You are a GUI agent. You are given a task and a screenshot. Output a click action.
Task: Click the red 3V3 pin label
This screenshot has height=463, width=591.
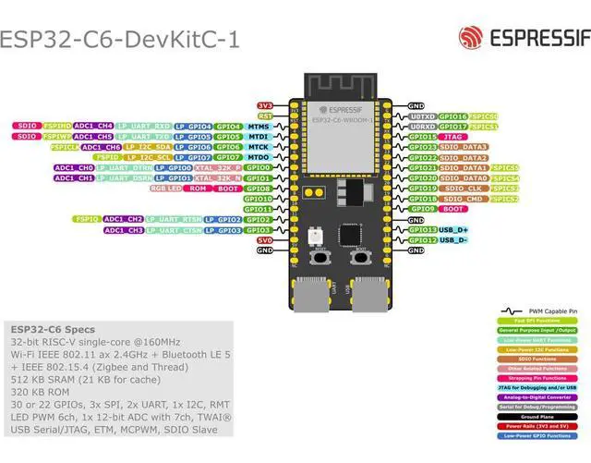pos(265,106)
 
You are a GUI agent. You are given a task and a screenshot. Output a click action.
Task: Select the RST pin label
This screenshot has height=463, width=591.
pos(265,116)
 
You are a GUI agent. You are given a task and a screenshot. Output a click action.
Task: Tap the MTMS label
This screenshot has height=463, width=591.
pos(259,127)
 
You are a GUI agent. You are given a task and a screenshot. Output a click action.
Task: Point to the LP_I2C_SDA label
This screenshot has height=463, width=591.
pos(148,147)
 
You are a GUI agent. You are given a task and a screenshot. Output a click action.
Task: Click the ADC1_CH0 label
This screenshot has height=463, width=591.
pos(73,168)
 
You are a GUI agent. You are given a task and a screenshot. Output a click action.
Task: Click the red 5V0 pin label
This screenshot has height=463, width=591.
pos(265,240)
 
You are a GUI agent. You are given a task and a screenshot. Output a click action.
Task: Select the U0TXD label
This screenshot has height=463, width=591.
pos(421,116)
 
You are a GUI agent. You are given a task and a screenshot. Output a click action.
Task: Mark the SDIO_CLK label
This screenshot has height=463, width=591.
pos(463,189)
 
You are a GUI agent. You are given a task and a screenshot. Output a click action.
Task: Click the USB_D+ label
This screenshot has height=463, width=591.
pos(453,229)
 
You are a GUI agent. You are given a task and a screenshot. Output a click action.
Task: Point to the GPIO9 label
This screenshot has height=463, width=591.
pos(422,209)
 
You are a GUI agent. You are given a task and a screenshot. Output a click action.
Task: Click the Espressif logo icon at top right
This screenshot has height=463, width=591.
pos(471,38)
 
